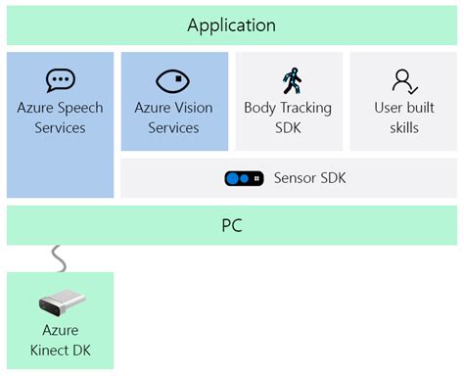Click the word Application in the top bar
(x=231, y=25)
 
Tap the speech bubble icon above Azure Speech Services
(x=61, y=80)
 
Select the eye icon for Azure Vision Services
(x=173, y=80)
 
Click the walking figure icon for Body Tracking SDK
(x=290, y=80)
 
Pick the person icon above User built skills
(x=403, y=80)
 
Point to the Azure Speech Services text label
(x=61, y=117)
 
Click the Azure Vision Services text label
(x=173, y=117)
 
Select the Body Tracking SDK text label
(x=288, y=117)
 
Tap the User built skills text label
(x=403, y=117)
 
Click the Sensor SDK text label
(x=309, y=178)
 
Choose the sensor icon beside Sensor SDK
(x=242, y=178)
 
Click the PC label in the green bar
(x=231, y=226)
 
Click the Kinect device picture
(x=61, y=303)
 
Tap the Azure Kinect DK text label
(x=60, y=341)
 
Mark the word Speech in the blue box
(x=81, y=108)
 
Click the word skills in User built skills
(x=403, y=127)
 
